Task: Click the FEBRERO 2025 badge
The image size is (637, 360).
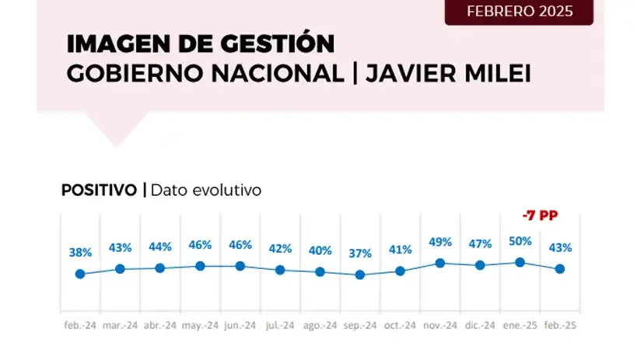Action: click(x=519, y=12)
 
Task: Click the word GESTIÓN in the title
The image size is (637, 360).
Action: click(x=268, y=44)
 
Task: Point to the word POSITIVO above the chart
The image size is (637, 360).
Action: click(x=99, y=189)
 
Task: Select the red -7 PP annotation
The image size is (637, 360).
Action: click(x=540, y=215)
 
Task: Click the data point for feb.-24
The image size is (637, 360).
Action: click(x=79, y=274)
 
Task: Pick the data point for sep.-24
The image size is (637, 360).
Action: click(x=359, y=274)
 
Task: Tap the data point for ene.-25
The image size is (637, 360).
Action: click(x=520, y=263)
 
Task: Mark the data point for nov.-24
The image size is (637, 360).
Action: click(x=439, y=264)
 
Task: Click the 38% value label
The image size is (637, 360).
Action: click(x=80, y=253)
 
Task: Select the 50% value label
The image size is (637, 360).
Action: click(x=520, y=241)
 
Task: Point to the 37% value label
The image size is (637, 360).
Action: click(x=359, y=253)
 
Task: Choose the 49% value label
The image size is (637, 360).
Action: click(x=439, y=242)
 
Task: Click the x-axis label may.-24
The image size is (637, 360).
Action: click(x=200, y=326)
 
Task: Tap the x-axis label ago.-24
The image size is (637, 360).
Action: click(x=320, y=326)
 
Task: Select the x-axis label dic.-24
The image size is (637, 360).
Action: click(x=480, y=326)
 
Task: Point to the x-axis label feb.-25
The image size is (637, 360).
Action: click(x=559, y=326)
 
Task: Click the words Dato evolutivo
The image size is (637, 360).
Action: click(x=206, y=189)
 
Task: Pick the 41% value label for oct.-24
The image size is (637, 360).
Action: click(x=400, y=250)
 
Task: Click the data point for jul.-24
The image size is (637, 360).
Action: click(x=280, y=270)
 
